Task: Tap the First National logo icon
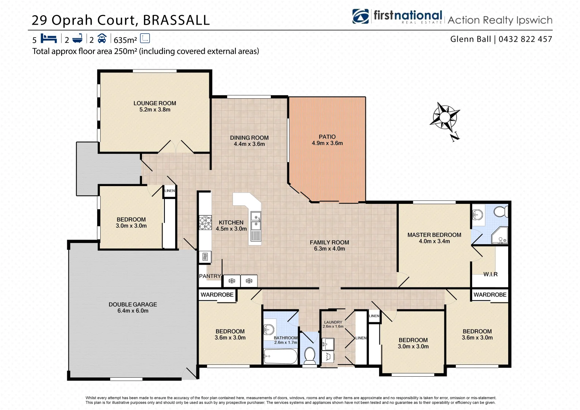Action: tap(360, 17)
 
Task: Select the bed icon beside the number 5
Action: tap(49, 39)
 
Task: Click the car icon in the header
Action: tap(102, 38)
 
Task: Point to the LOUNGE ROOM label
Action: tap(155, 103)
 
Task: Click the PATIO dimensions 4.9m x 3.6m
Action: tap(327, 143)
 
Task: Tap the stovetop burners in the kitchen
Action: tap(205, 223)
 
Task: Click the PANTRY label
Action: tap(210, 276)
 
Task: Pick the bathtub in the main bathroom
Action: tap(281, 356)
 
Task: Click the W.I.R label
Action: tap(490, 274)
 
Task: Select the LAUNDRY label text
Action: tap(333, 322)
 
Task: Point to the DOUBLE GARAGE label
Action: tap(133, 304)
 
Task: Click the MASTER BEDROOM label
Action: tap(434, 235)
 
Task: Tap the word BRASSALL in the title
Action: tap(176, 20)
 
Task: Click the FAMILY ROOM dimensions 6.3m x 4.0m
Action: tap(329, 249)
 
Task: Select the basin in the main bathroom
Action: tap(269, 330)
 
